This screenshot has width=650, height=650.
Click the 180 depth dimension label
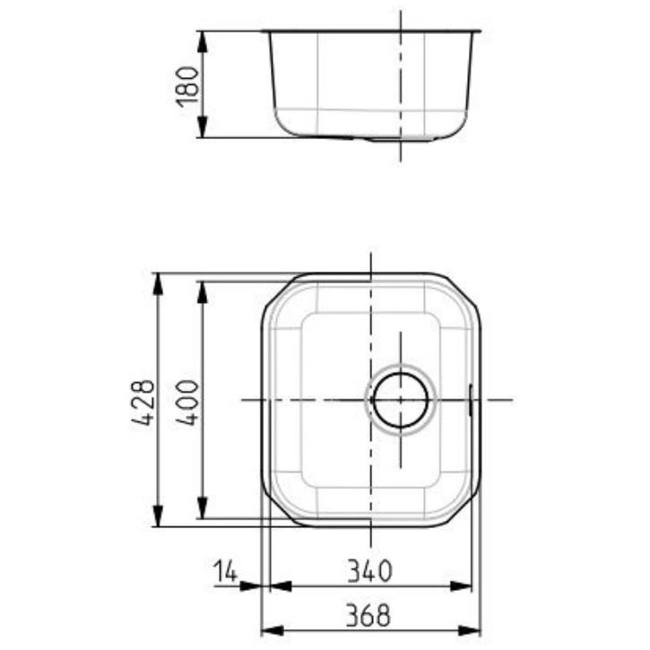(x=187, y=85)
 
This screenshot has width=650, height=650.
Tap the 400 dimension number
(x=189, y=401)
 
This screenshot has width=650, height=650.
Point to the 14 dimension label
(x=226, y=569)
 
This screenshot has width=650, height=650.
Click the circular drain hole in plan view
(x=400, y=399)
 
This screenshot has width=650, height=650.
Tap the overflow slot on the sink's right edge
(x=471, y=399)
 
